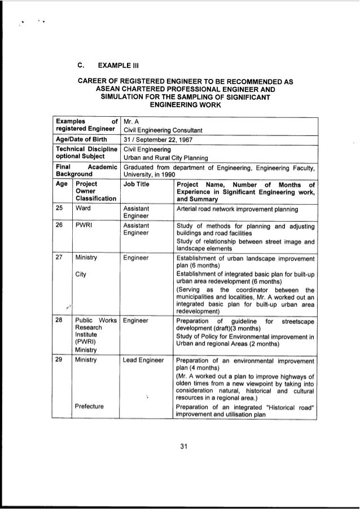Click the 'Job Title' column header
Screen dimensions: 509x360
point(135,184)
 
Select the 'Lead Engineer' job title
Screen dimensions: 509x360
point(143,359)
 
